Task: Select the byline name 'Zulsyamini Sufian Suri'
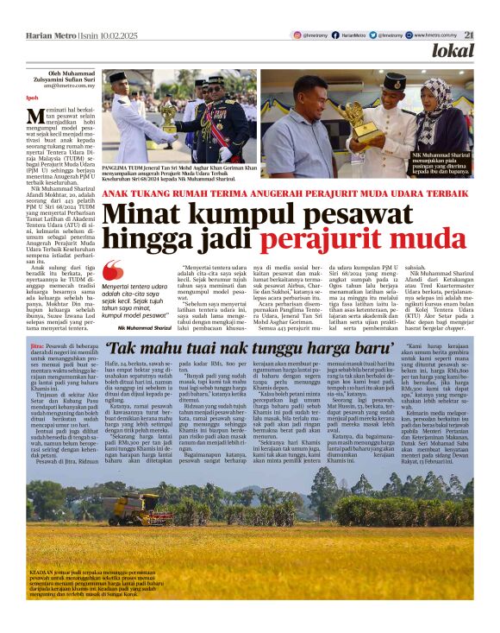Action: (59, 79)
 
